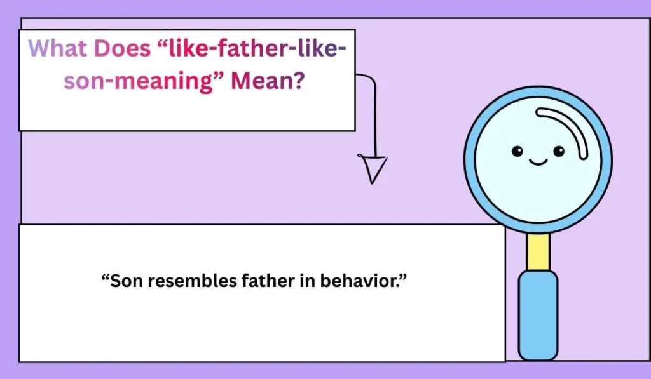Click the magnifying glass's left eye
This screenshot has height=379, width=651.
pos(517,151)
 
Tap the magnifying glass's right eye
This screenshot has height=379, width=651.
pos(558,151)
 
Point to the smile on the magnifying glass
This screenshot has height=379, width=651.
pos(538,163)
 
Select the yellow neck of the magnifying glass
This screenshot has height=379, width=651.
pos(538,251)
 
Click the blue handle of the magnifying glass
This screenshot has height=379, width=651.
pos(538,314)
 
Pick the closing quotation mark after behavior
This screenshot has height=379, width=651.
pos(402,277)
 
